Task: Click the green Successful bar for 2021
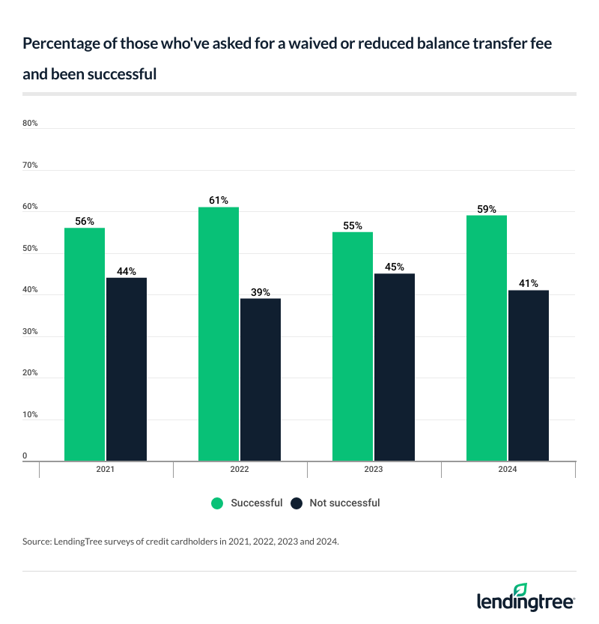click(85, 344)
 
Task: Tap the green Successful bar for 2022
click(219, 333)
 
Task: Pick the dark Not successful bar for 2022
click(261, 379)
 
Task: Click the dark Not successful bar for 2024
click(529, 375)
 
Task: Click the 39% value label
click(261, 292)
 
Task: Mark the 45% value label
click(395, 267)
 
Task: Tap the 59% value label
click(487, 210)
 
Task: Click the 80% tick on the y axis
click(30, 124)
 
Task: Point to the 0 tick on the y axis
click(25, 456)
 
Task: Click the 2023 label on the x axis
click(374, 470)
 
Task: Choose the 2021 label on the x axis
click(106, 470)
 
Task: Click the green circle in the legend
click(218, 503)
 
